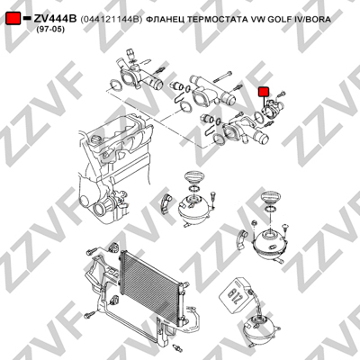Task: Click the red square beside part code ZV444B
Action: coord(13,19)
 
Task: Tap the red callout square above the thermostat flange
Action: coord(264,92)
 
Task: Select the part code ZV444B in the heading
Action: coord(56,19)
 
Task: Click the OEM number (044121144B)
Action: coord(111,20)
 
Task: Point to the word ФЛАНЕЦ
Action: coord(165,20)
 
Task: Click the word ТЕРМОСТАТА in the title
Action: coord(217,20)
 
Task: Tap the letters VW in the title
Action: coord(257,20)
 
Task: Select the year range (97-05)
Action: coord(50,30)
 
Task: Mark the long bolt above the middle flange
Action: coord(222,76)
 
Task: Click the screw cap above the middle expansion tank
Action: coord(193,176)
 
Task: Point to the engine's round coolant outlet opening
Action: coord(101,207)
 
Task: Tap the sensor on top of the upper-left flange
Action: coord(130,55)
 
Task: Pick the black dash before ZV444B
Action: coord(27,18)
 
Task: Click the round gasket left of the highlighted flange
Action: coord(257,116)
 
